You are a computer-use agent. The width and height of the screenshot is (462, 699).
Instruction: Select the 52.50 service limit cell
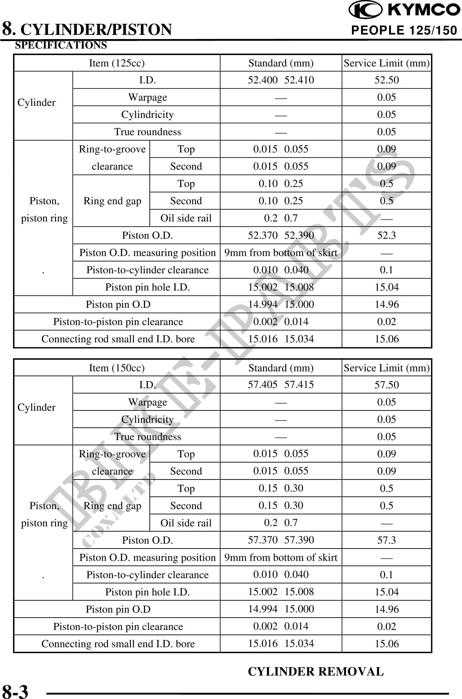(386, 80)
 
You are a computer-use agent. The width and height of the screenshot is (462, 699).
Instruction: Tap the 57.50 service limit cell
(386, 385)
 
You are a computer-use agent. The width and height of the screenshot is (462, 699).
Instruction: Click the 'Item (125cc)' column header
(117, 63)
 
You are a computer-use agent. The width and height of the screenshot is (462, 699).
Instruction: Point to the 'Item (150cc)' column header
(117, 368)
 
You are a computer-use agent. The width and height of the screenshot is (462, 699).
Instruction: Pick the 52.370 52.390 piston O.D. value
(281, 235)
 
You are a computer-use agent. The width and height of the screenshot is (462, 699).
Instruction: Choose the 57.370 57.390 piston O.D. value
(281, 540)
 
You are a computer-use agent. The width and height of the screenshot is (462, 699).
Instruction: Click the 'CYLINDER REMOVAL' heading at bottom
(316, 671)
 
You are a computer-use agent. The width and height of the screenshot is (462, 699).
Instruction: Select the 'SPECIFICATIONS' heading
(61, 45)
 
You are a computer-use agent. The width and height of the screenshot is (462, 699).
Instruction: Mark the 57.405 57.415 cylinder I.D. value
(281, 385)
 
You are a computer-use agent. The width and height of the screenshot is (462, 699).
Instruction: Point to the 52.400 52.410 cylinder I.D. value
(281, 80)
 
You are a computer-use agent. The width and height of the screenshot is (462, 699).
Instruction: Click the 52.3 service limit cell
(386, 235)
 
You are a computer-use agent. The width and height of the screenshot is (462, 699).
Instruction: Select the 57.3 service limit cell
(386, 540)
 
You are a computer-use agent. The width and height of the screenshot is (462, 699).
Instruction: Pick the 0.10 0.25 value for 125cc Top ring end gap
(281, 184)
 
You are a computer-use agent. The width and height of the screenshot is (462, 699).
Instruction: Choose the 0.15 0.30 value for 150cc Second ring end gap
(281, 506)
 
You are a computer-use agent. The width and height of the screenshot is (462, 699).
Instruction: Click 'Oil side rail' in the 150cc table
(186, 523)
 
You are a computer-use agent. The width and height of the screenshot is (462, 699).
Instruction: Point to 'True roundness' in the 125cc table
(147, 132)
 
